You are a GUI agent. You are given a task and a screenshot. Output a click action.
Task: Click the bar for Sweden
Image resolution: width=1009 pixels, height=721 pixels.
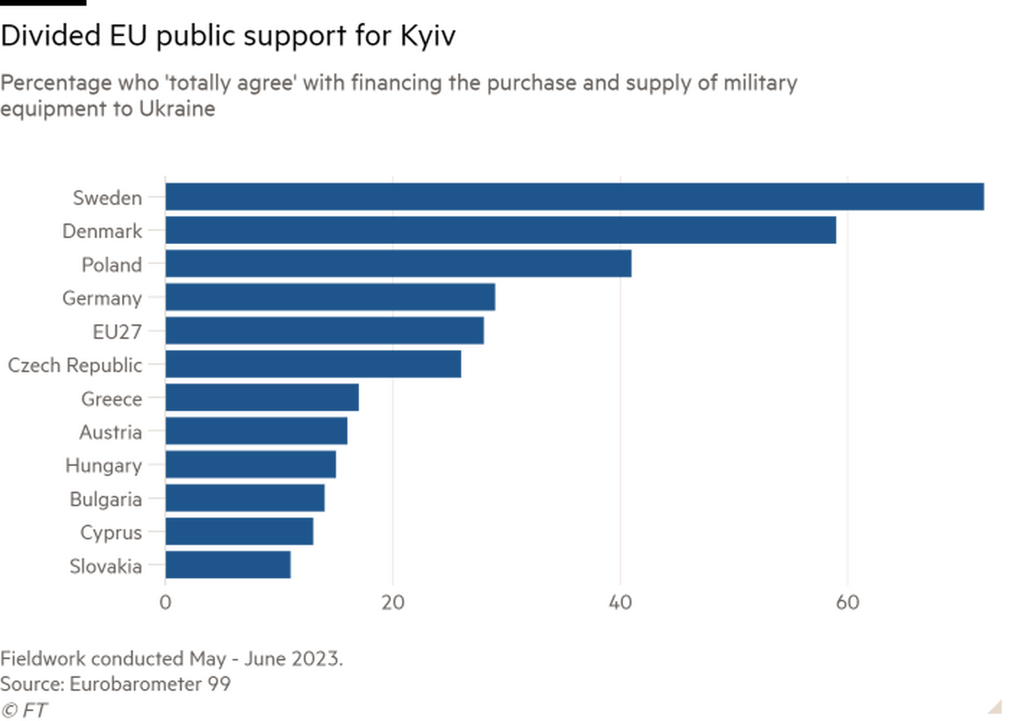click(576, 197)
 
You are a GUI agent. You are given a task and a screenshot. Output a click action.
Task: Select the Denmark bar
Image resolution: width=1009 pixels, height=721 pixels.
click(502, 231)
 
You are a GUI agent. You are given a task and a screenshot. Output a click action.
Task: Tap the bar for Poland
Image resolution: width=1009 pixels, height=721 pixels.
click(400, 264)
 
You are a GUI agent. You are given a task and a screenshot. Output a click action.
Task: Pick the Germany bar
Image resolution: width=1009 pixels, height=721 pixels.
click(332, 298)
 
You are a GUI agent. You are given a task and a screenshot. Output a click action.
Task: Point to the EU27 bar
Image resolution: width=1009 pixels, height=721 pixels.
click(325, 331)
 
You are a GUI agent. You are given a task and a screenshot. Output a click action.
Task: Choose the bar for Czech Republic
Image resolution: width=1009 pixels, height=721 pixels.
click(314, 364)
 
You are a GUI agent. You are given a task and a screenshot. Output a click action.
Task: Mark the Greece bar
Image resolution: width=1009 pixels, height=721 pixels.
click(263, 398)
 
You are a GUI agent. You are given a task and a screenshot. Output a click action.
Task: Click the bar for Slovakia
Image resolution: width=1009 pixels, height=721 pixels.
click(230, 565)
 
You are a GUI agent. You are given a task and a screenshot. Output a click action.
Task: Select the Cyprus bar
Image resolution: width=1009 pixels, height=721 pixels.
click(241, 532)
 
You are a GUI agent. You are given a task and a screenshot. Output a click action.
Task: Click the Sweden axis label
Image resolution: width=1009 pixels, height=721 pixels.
click(107, 198)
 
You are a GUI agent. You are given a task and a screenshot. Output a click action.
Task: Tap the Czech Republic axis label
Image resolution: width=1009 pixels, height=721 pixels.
click(74, 365)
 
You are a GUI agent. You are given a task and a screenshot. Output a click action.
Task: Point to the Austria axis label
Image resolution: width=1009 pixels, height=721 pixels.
click(110, 432)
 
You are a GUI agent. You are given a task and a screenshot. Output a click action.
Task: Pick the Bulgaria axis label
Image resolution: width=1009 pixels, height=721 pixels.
click(107, 499)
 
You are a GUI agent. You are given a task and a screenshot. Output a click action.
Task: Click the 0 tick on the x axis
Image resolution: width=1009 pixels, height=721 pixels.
click(166, 602)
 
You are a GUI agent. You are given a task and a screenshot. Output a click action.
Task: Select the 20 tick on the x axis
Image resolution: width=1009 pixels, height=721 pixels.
click(392, 602)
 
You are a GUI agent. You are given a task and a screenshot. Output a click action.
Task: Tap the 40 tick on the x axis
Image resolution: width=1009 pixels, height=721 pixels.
click(620, 602)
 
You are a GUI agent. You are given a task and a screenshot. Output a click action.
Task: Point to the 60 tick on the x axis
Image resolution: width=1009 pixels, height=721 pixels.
click(847, 602)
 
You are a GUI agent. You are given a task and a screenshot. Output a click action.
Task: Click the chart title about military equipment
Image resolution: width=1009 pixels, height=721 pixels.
click(399, 96)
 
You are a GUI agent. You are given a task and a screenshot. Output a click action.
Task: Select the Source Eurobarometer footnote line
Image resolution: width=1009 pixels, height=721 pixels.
click(117, 683)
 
